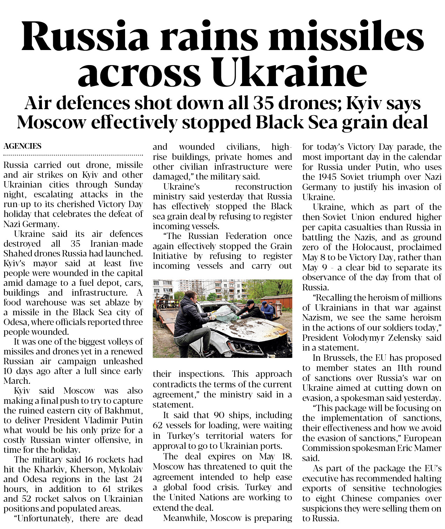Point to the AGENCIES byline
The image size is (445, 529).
(x=22, y=146)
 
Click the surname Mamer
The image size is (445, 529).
(x=430, y=448)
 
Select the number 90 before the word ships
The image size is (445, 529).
(x=219, y=415)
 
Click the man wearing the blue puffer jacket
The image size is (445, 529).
(x=268, y=310)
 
